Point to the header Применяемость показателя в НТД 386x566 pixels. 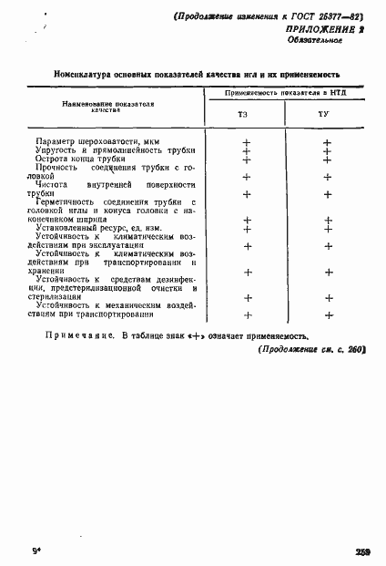(287, 93)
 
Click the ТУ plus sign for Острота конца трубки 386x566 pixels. (327, 160)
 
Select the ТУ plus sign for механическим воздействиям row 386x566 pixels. (327, 314)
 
